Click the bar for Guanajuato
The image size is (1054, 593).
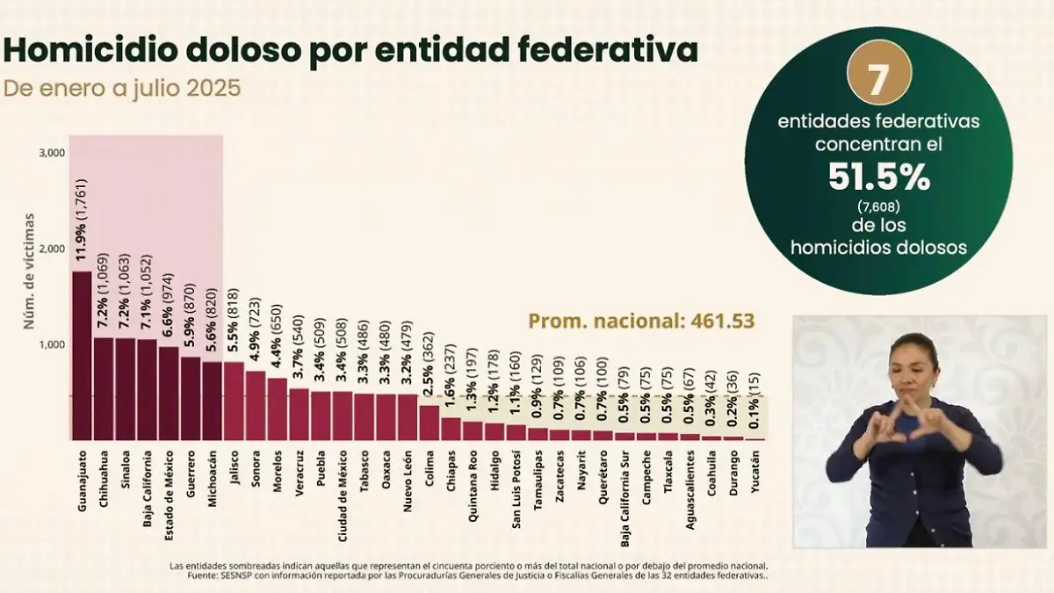coord(82,356)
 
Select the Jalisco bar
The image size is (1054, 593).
coord(234,401)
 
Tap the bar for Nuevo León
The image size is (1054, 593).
coord(407,416)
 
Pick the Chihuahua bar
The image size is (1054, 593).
coord(104,388)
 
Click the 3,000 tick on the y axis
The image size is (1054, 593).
coord(53,153)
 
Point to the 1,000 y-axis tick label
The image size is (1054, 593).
coord(53,344)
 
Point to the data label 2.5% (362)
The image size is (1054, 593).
coord(430,366)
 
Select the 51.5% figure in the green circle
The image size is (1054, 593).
coord(878,178)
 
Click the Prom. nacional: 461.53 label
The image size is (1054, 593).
coord(641,321)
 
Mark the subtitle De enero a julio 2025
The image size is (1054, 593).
coord(122,90)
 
